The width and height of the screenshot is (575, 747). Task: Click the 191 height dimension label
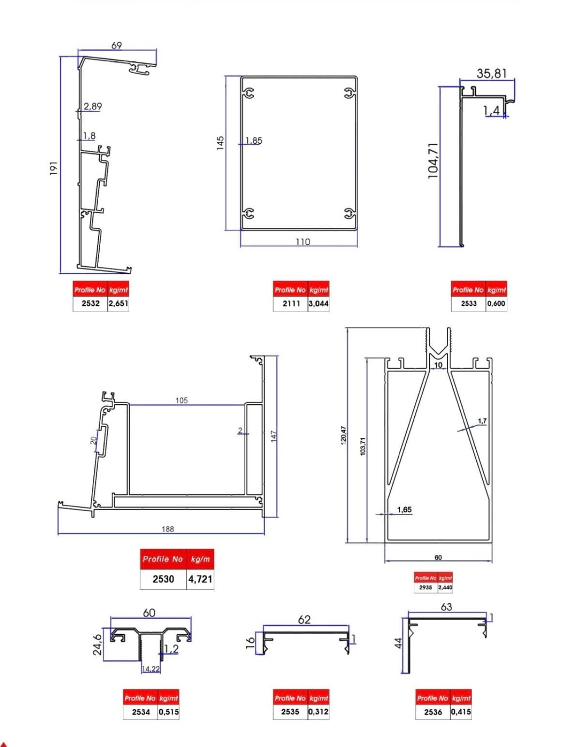54,168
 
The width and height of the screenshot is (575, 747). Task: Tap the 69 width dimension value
117,45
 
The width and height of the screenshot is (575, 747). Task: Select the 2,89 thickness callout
93,106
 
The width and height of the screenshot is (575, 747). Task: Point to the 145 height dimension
220,143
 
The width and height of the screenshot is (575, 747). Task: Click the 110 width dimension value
303,242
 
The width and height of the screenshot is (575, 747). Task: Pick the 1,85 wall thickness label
254,141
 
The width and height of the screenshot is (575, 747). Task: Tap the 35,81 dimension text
491,73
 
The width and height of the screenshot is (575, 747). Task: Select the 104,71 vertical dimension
433,161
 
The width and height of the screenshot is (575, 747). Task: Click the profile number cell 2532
91,303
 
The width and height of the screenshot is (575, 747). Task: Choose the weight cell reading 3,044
318,303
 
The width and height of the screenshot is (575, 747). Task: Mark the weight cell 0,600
496,303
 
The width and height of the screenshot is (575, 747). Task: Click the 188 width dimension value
168,529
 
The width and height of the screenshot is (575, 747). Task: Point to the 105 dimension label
182,401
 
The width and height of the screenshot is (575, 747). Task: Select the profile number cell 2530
164,579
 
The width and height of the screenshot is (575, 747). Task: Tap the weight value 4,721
200,579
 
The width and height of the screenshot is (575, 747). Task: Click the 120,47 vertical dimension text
343,435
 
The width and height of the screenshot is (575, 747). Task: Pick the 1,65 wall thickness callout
405,509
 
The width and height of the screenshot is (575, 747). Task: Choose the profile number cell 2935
425,587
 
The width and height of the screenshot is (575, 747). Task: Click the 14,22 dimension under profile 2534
151,669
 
